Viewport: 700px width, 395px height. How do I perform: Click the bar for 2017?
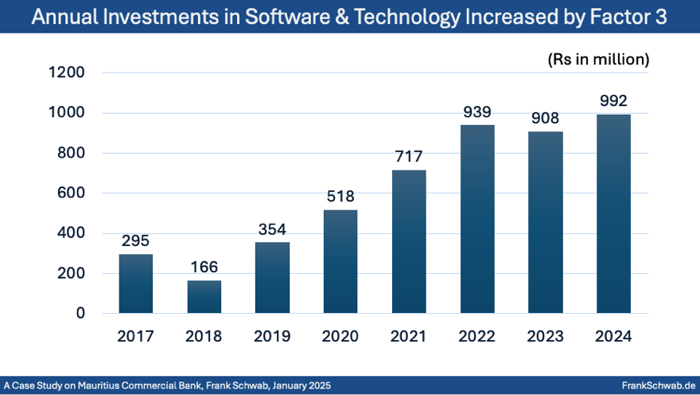(x=135, y=284)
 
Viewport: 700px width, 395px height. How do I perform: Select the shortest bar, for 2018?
(x=204, y=296)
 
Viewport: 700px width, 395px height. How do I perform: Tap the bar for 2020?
(x=340, y=261)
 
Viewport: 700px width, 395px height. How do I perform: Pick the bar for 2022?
(x=477, y=219)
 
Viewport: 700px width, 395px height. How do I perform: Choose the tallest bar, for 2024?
(x=614, y=213)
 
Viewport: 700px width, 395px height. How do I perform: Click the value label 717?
(x=409, y=157)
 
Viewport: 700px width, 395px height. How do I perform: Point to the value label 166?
(x=204, y=268)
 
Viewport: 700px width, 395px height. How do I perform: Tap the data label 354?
(x=272, y=229)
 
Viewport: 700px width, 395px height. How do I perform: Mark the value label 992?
(x=614, y=101)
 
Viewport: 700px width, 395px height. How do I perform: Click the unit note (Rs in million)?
(x=598, y=59)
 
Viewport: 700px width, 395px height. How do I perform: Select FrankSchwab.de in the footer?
(x=658, y=385)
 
